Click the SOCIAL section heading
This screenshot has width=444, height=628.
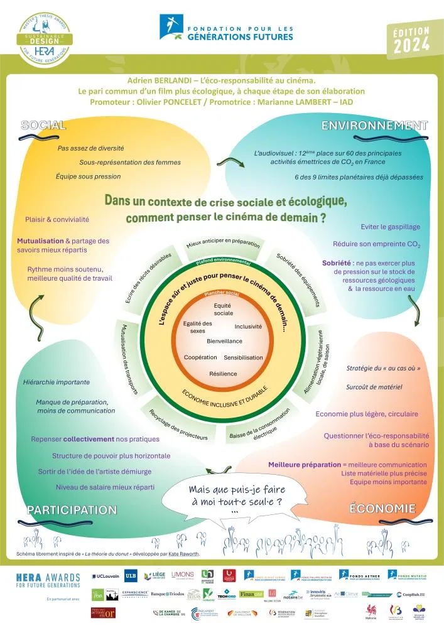click(43, 125)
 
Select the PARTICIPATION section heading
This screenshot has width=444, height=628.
click(72, 509)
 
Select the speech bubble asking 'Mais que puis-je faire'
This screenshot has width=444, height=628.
click(234, 497)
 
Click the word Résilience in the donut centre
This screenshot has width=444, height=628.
click(223, 374)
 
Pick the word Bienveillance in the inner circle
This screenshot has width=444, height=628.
click(224, 341)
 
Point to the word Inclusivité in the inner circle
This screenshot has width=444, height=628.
click(248, 327)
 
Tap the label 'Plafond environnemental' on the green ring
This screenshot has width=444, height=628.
click(223, 261)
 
